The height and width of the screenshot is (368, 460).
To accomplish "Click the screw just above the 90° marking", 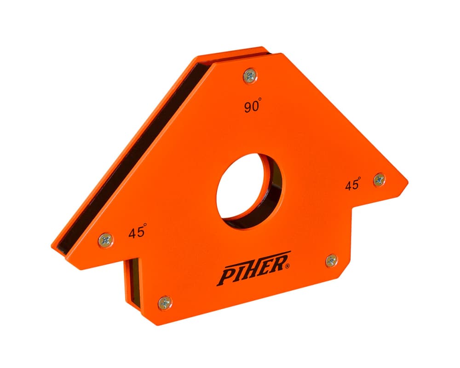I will coord(250,75).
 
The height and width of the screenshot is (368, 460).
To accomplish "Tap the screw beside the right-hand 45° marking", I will coord(379,179).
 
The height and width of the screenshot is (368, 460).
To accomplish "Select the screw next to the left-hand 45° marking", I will coord(105,239).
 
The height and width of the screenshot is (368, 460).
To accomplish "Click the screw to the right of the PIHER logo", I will coord(331,261).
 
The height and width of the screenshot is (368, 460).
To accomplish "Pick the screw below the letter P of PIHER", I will coord(165,302).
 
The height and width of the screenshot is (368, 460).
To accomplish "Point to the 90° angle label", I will coord(253,107).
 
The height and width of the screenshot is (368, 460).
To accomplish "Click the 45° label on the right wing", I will coord(353,184).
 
